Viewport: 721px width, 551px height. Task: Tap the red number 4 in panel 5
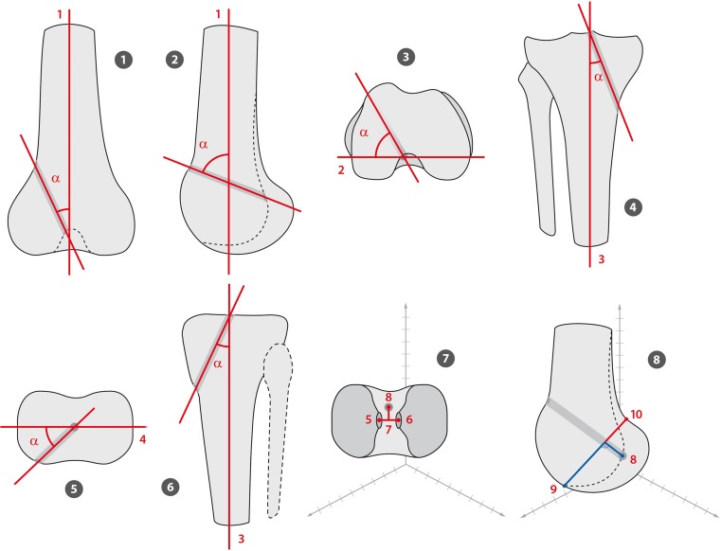[x=142, y=438]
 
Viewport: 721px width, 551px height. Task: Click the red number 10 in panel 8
[x=636, y=415]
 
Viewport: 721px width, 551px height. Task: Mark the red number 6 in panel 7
[x=408, y=418]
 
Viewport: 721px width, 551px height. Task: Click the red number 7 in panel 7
[x=388, y=430]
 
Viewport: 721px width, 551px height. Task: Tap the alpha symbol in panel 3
[x=364, y=134]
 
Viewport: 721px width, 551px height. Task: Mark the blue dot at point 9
[x=565, y=487]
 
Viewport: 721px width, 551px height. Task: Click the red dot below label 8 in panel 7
[x=388, y=408]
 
